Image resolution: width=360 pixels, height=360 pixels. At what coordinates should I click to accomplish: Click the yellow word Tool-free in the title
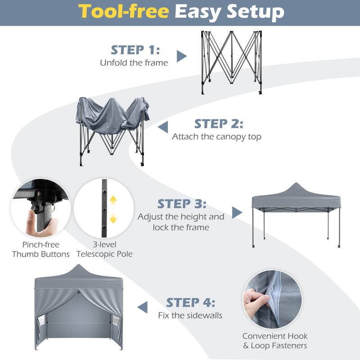point(124,12)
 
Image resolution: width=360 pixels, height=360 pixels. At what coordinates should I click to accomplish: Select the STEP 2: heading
point(219,124)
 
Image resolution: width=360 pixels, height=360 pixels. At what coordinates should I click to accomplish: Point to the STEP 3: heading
point(181,203)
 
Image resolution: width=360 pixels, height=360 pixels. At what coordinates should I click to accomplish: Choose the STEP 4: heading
point(191,302)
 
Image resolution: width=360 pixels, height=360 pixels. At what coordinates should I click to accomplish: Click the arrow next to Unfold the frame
point(181,56)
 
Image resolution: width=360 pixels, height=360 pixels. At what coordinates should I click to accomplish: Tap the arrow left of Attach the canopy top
point(162,127)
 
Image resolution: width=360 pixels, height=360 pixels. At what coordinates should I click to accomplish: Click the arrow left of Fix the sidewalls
point(143,307)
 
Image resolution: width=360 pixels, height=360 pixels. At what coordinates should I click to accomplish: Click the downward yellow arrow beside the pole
point(113,219)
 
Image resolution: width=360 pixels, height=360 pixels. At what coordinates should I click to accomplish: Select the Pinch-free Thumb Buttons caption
point(41,250)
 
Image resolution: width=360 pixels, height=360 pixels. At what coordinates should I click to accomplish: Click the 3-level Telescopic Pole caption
point(104,250)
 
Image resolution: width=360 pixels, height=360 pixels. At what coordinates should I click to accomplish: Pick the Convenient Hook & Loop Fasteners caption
point(275,341)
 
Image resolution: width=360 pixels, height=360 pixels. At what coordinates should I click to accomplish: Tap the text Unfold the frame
point(134,63)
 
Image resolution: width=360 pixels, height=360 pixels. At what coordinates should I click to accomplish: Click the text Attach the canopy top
point(216,137)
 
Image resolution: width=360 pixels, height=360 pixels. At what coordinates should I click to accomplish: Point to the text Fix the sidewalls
point(190,315)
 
